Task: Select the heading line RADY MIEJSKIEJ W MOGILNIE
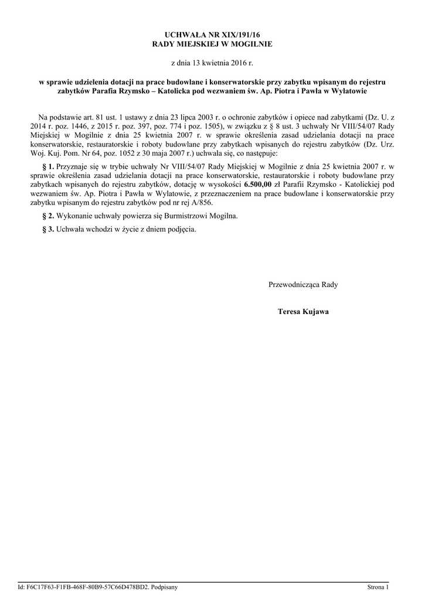[x=212, y=44]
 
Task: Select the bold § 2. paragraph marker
[x=49, y=216]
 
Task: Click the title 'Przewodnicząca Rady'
[x=302, y=285]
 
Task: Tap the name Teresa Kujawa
[x=302, y=312]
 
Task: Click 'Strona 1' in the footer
[x=378, y=587]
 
